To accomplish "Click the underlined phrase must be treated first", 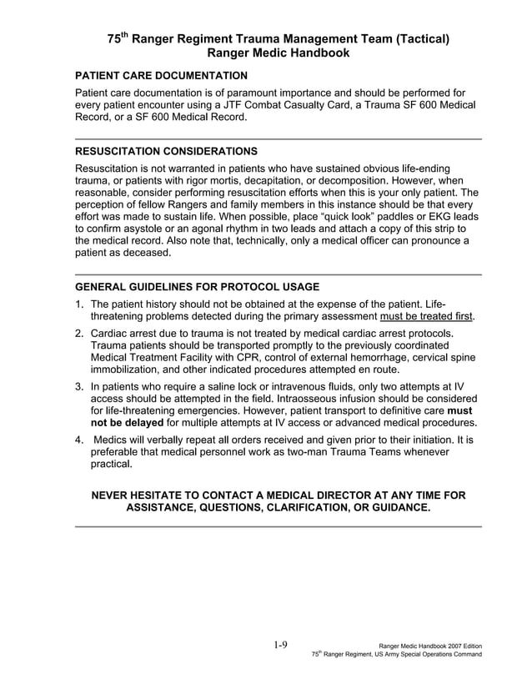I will [425, 317].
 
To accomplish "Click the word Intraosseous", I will [289, 399].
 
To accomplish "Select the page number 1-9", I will [280, 645].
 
